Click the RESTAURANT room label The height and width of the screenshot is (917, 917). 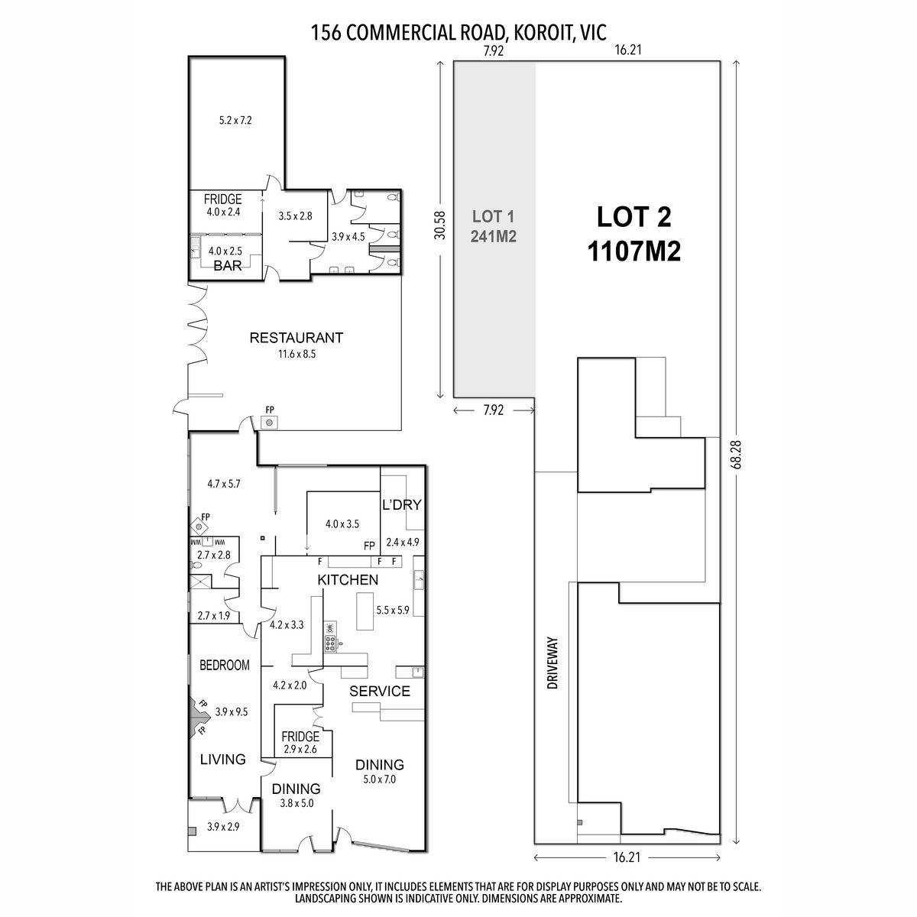[x=296, y=338]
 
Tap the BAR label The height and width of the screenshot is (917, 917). [x=228, y=265]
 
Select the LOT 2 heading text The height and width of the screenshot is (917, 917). [x=633, y=216]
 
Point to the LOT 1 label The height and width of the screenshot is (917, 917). [x=493, y=216]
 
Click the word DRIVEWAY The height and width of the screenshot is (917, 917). [x=552, y=663]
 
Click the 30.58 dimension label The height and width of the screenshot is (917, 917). [x=440, y=225]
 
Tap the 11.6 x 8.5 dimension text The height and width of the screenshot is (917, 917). [x=296, y=354]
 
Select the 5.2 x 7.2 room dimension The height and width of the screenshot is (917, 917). [x=235, y=121]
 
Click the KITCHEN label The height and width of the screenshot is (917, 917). [x=348, y=579]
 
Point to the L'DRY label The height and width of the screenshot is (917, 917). [x=402, y=504]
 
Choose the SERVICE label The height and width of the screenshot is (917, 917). [x=379, y=691]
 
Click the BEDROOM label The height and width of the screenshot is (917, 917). [x=224, y=665]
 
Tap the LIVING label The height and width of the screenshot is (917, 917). [x=222, y=759]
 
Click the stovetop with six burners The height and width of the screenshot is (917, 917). [x=330, y=643]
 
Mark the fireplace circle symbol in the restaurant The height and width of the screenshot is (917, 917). [x=269, y=422]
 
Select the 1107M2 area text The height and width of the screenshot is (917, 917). [x=633, y=251]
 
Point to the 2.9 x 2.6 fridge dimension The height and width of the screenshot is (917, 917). [x=300, y=749]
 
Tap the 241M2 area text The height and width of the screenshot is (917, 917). [x=493, y=236]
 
